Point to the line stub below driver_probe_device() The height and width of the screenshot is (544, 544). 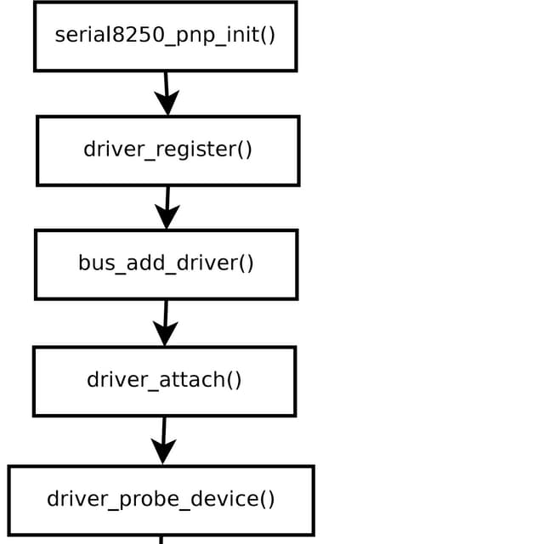(161, 540)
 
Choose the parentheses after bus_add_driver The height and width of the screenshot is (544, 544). (246, 263)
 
